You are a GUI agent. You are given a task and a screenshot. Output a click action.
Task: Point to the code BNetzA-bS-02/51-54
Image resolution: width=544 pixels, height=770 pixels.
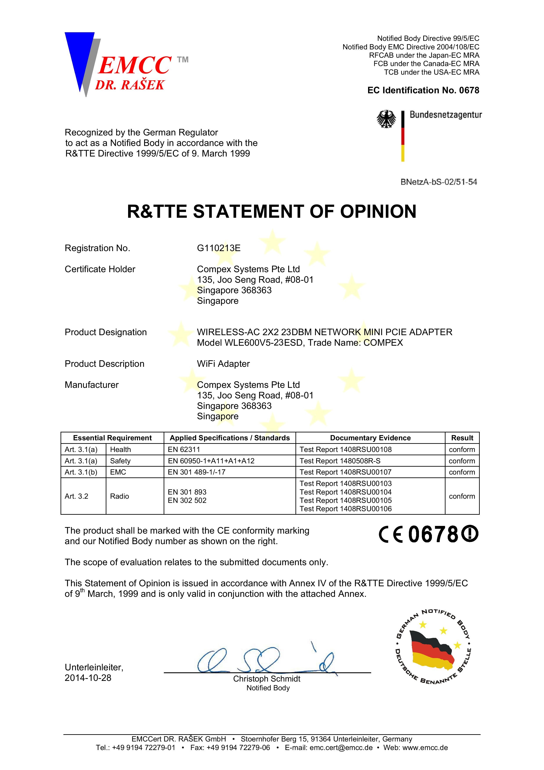point(438,182)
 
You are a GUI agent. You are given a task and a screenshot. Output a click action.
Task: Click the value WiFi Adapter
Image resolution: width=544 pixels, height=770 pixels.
point(223,364)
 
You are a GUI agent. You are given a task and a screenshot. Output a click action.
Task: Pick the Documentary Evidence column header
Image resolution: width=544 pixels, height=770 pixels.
point(370,438)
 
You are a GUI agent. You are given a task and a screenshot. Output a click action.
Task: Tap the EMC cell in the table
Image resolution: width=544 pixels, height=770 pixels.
point(118,472)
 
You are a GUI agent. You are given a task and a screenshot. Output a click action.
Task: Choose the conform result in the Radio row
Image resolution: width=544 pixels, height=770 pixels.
point(462,496)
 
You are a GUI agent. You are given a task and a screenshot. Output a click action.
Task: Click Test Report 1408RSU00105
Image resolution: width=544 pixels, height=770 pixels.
point(345,500)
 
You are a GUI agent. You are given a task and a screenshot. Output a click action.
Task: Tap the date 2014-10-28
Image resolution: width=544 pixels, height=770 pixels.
point(88,678)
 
